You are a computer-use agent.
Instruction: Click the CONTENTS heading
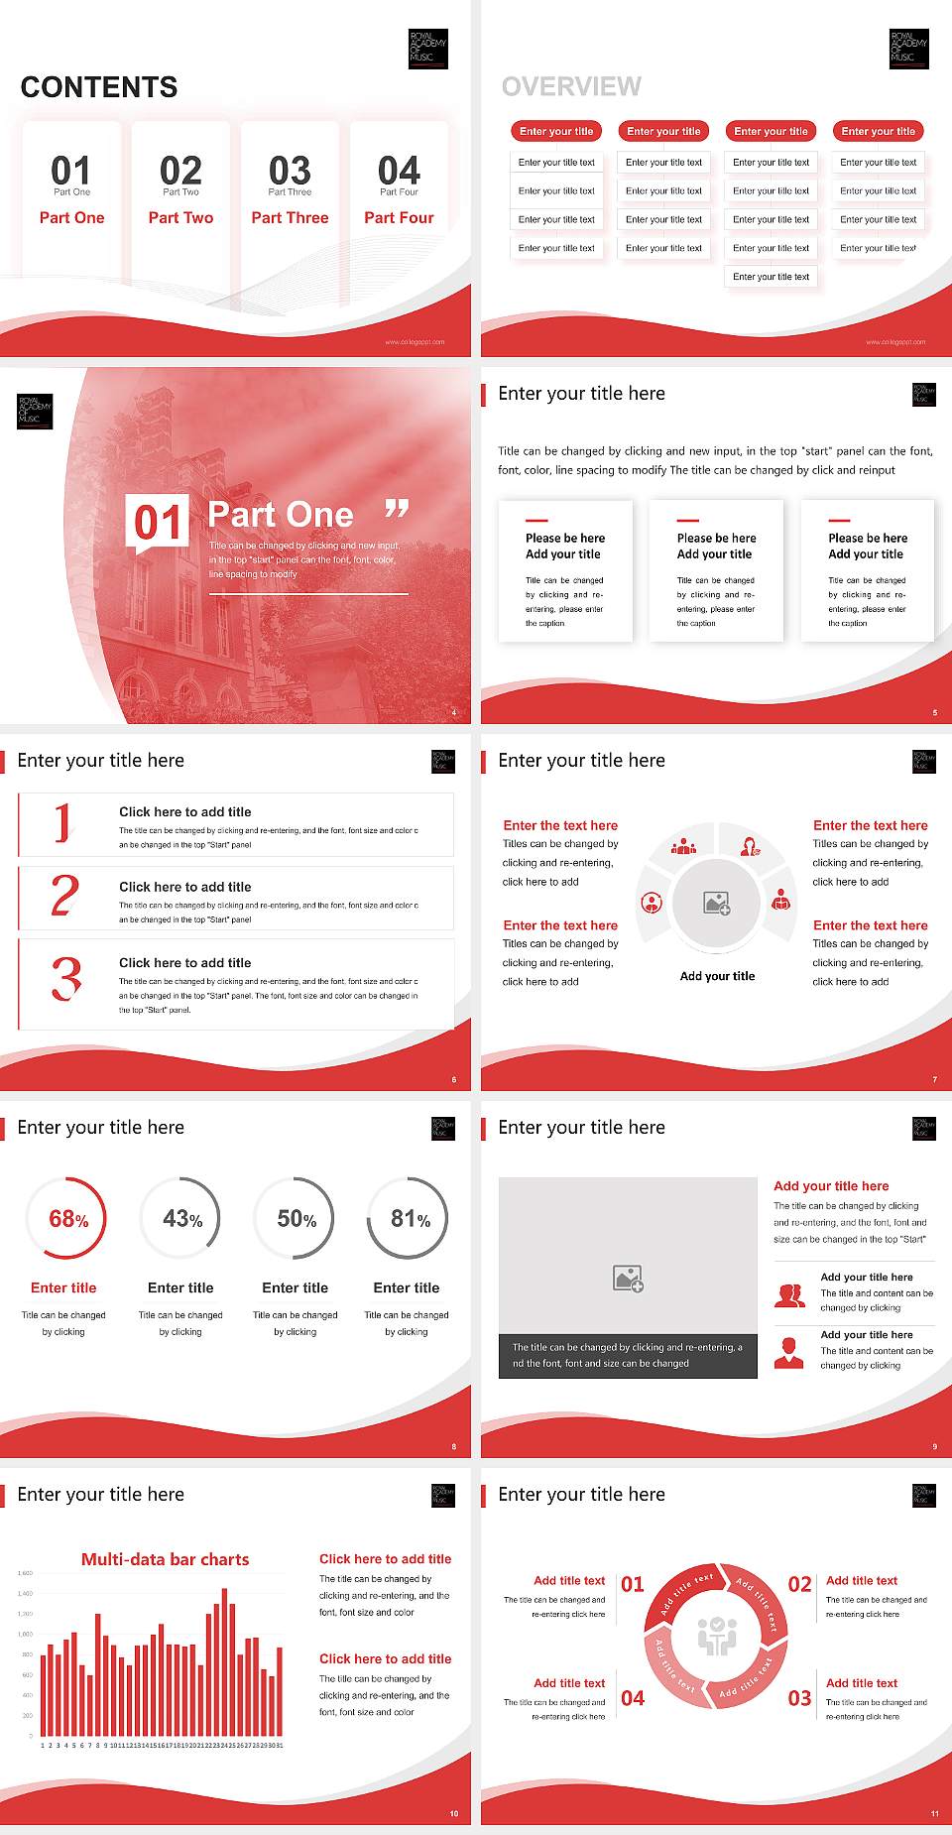99,87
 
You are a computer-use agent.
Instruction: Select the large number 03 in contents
290,171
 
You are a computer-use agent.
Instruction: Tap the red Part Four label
399,217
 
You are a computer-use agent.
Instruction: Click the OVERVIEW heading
571,86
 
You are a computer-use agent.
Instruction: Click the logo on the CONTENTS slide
428,49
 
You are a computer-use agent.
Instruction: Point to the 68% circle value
68,1219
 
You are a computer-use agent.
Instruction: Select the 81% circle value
410,1219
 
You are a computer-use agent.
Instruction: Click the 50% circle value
297,1219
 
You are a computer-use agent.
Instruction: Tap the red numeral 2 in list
64,895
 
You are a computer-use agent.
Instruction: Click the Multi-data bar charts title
166,1559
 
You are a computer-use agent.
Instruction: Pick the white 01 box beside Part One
158,522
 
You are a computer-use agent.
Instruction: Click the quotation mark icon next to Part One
397,510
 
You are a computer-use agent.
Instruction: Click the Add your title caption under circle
717,976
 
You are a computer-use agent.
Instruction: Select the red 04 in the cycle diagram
633,1698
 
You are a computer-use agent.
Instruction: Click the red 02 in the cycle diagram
799,1584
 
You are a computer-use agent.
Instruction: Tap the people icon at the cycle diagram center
717,1637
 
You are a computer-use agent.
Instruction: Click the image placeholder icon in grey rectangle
628,1279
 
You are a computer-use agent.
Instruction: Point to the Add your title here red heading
831,1185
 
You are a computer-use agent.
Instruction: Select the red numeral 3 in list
65,978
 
